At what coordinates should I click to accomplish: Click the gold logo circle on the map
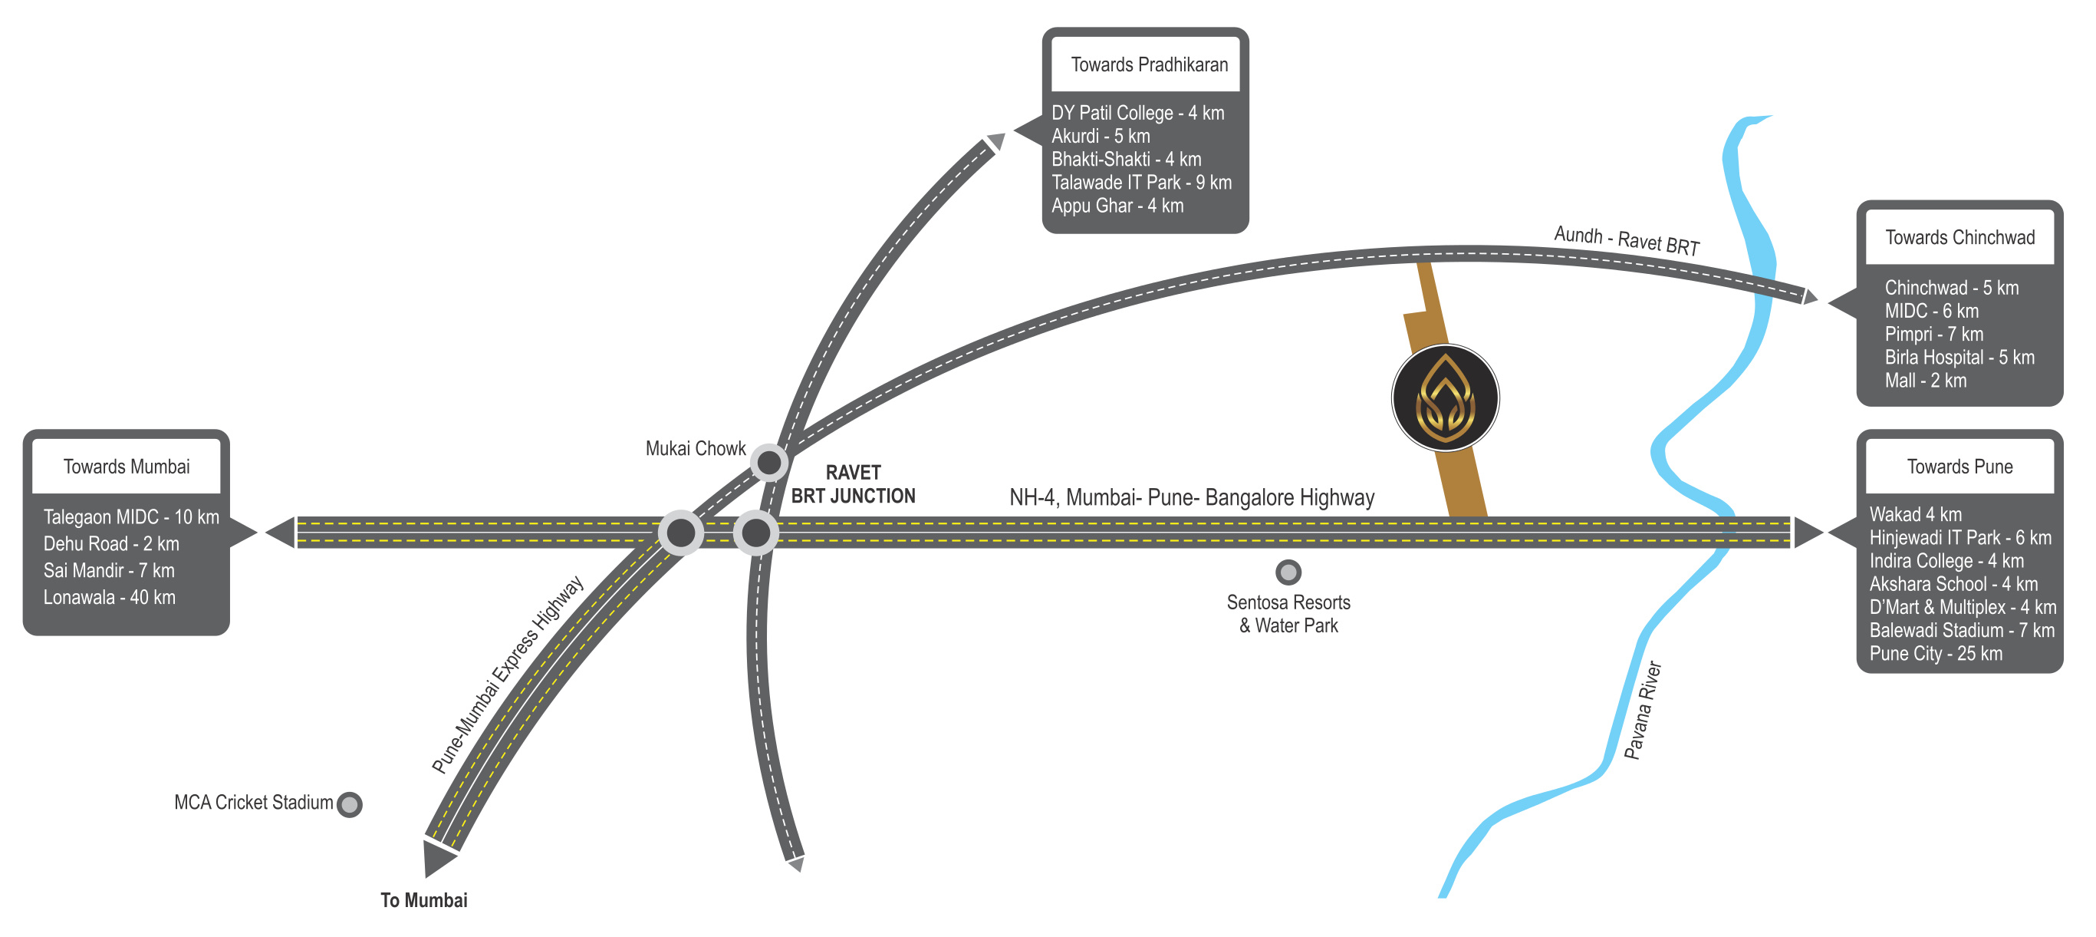[x=1445, y=398]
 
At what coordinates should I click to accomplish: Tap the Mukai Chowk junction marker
[x=769, y=463]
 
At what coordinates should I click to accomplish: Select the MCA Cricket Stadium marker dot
[x=350, y=804]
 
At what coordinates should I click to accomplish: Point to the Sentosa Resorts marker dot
[x=1288, y=572]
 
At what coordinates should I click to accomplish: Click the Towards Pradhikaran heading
[x=1149, y=64]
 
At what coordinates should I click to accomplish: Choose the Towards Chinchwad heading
[x=1959, y=237]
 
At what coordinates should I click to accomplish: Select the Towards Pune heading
[x=1959, y=467]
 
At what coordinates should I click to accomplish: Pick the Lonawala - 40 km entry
[x=109, y=597]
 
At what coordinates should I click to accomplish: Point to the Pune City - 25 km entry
[x=1936, y=653]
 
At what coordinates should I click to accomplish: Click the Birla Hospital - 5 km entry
[x=1959, y=357]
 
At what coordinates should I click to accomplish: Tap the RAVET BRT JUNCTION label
[x=853, y=484]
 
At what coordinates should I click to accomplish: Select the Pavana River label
[x=1643, y=710]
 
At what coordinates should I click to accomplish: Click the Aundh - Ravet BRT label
[x=1627, y=241]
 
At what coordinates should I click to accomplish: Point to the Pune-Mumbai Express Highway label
[x=508, y=675]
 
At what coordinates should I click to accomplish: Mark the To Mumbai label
[x=424, y=899]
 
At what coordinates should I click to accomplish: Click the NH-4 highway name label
[x=1191, y=497]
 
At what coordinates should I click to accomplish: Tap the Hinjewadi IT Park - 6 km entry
[x=1960, y=537]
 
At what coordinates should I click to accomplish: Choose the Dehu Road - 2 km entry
[x=110, y=543]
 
